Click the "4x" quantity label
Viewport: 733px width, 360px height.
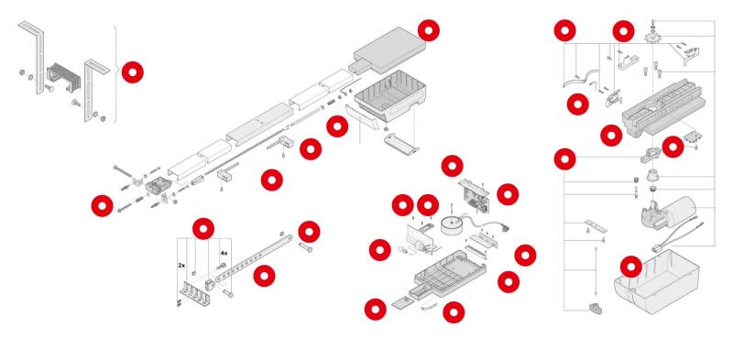click(x=224, y=253)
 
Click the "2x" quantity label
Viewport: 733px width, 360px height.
click(x=181, y=265)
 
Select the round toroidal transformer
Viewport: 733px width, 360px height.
click(x=452, y=225)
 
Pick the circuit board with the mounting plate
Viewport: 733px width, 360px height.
click(x=475, y=194)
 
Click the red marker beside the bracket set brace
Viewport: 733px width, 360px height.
click(x=133, y=72)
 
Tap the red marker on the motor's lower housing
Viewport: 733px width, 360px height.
click(x=631, y=267)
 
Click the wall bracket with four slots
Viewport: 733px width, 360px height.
click(x=196, y=292)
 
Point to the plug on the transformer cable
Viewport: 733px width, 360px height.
click(x=506, y=229)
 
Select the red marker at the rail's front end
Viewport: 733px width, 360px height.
click(x=102, y=205)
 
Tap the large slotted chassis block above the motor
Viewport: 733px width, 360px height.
click(x=663, y=109)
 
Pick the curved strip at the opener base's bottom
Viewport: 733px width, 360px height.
click(x=429, y=306)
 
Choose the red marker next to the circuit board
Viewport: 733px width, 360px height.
click(x=508, y=194)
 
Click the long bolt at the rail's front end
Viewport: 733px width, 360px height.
click(x=125, y=170)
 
